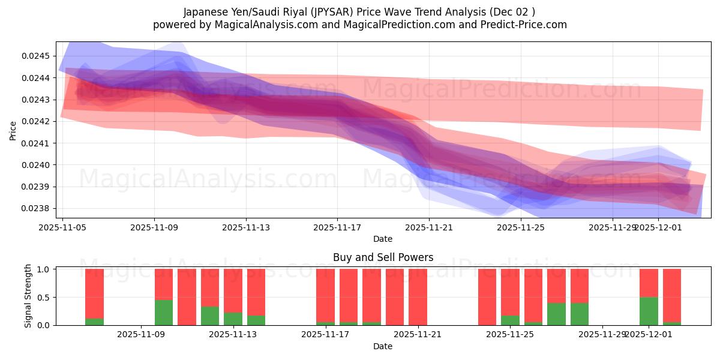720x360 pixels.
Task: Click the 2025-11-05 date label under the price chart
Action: pyautogui.click(x=63, y=227)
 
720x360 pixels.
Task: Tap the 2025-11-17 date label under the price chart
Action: pyautogui.click(x=337, y=227)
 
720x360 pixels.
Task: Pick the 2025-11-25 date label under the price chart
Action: pyautogui.click(x=520, y=227)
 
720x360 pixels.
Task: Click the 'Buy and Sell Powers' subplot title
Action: pyautogui.click(x=383, y=257)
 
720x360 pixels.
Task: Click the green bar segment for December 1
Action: pyautogui.click(x=649, y=311)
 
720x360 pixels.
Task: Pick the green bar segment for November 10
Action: pyautogui.click(x=164, y=313)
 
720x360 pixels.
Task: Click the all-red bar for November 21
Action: pyautogui.click(x=418, y=297)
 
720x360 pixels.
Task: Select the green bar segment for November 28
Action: pyautogui.click(x=580, y=314)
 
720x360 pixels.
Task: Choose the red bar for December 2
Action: pyautogui.click(x=672, y=295)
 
